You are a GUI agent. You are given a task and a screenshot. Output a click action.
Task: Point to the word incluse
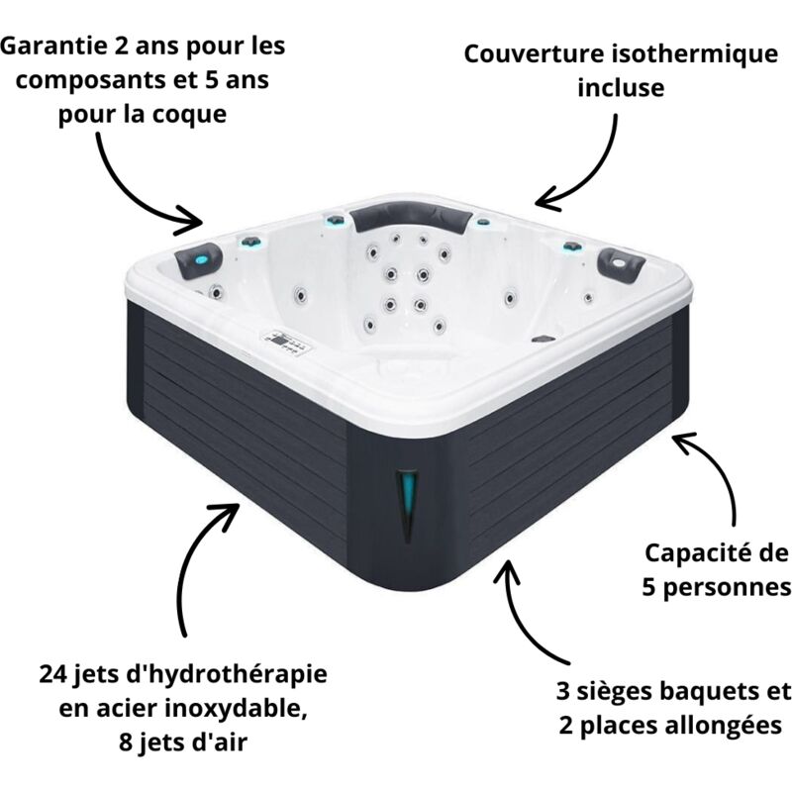pos(622,89)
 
